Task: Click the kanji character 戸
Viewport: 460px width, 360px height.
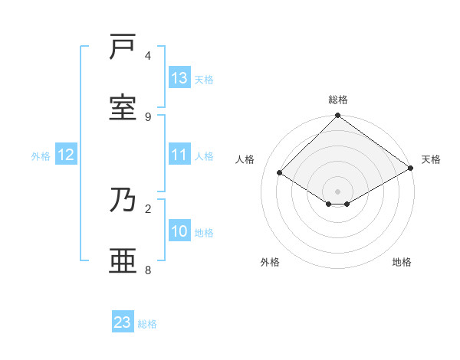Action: coord(123,48)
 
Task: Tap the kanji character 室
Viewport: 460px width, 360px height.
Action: coord(123,108)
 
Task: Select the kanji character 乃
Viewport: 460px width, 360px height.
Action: coord(123,200)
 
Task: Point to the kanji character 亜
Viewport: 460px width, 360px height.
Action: coord(123,260)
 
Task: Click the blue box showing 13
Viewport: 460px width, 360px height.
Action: coord(179,77)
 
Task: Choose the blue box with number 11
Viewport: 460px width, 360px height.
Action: coord(179,155)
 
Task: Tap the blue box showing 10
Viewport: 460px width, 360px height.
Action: coord(179,231)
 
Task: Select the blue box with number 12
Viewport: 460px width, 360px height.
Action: coord(66,155)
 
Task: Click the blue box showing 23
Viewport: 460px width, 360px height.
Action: coord(123,322)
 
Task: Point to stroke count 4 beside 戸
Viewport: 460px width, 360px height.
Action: coord(148,55)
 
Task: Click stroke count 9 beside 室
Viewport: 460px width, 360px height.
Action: coord(148,116)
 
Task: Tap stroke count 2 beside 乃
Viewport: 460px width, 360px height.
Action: coord(148,208)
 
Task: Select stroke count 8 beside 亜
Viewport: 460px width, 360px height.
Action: coord(148,270)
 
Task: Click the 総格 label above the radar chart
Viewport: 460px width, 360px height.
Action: coord(338,100)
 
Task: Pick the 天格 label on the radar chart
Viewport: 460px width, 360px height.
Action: coord(431,159)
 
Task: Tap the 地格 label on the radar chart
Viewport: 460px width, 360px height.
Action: coord(402,262)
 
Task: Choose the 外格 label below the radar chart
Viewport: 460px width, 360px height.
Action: coord(270,262)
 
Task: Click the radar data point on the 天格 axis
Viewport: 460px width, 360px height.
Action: coord(412,168)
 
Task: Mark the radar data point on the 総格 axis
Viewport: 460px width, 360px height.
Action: coord(337,116)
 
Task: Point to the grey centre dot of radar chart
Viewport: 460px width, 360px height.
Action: coord(337,191)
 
